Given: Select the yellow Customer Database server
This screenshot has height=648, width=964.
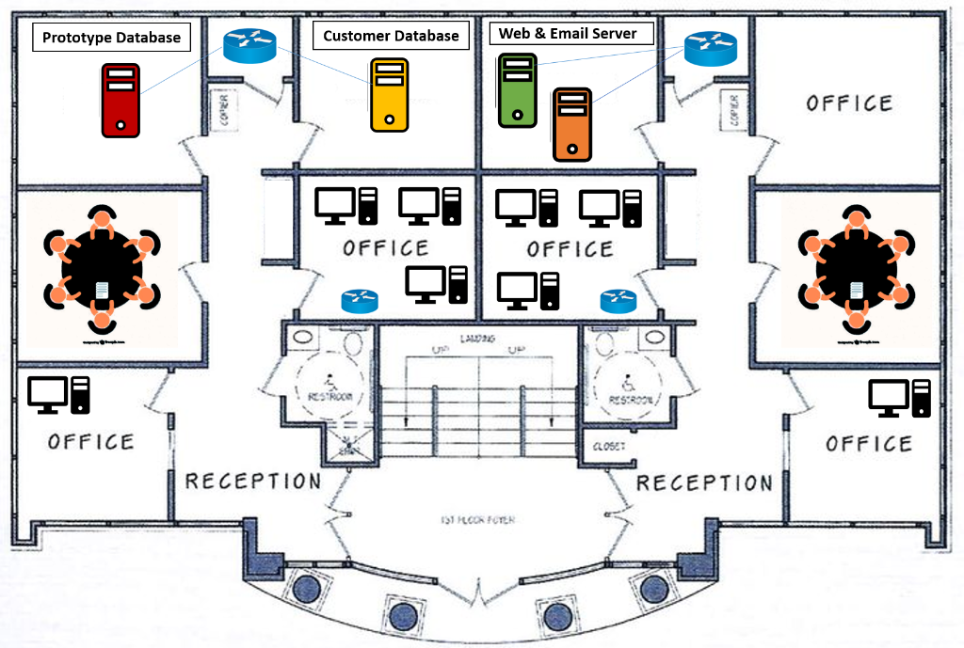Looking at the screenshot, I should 389,94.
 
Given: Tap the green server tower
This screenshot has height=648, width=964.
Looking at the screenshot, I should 517,89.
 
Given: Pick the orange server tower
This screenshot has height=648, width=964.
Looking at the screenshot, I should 571,124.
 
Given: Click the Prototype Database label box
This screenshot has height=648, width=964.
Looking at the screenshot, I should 111,39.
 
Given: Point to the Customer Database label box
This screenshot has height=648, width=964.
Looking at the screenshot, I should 391,36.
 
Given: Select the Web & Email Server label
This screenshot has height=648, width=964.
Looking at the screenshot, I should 568,34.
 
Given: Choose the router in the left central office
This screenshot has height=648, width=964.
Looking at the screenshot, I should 359,301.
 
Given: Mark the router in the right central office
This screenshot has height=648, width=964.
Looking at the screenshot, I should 619,301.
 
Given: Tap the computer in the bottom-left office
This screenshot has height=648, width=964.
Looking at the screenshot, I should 58,395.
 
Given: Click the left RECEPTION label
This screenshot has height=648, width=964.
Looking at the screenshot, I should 252,482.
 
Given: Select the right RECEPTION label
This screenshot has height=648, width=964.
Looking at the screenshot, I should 704,483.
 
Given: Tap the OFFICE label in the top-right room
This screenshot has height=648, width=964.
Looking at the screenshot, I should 849,103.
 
